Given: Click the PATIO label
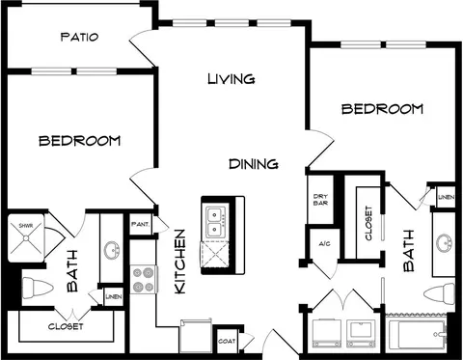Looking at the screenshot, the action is click(79, 37).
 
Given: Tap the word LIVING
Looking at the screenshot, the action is click(231, 79).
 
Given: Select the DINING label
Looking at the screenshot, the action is click(254, 164).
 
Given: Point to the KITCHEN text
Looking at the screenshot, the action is click(180, 262).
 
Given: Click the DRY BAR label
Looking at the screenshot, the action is click(320, 200).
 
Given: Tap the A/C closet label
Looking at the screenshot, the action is click(324, 244).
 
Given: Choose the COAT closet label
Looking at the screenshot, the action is click(227, 341).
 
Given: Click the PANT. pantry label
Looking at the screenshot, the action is click(140, 224).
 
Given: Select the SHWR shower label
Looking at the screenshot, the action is click(26, 226).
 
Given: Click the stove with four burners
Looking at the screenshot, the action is click(144, 279).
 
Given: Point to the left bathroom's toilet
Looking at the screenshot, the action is click(38, 289).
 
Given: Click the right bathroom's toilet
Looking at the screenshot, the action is click(439, 294).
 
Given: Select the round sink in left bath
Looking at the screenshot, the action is click(112, 250).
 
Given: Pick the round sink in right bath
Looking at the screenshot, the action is click(445, 243).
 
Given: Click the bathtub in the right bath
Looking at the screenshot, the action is click(418, 334).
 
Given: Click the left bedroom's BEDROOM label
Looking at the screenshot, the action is click(79, 141).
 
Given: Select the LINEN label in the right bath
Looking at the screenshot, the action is click(447, 197).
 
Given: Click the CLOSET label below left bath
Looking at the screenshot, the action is click(66, 326).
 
